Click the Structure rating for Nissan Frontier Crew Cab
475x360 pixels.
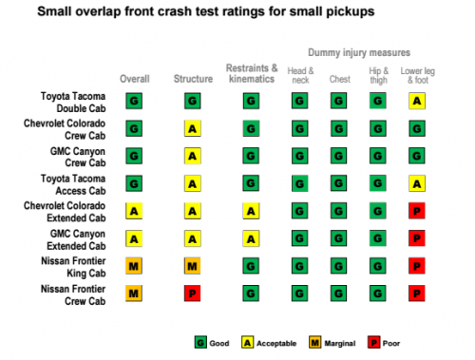click(193, 294)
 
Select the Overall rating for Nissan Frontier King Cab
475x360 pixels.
click(134, 266)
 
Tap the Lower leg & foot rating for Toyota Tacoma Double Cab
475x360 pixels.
click(417, 101)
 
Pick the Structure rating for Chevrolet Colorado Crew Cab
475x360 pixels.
click(193, 128)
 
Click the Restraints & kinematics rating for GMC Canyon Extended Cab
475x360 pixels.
click(251, 238)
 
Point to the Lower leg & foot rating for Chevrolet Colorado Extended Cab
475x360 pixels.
click(417, 211)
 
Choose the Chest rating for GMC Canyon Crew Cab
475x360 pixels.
click(338, 156)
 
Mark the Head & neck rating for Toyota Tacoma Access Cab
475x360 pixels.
click(299, 183)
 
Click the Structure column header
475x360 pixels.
click(193, 79)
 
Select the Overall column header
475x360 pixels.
click(135, 79)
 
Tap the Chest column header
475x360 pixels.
click(340, 79)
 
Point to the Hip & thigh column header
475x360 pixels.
click(379, 76)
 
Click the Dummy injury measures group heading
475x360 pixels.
click(359, 52)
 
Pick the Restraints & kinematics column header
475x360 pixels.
click(252, 73)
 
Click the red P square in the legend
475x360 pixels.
click(374, 343)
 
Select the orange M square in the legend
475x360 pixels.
click(314, 343)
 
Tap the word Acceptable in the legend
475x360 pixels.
click(276, 344)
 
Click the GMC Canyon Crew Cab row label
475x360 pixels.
click(78, 157)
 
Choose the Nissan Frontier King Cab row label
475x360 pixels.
click(73, 267)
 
